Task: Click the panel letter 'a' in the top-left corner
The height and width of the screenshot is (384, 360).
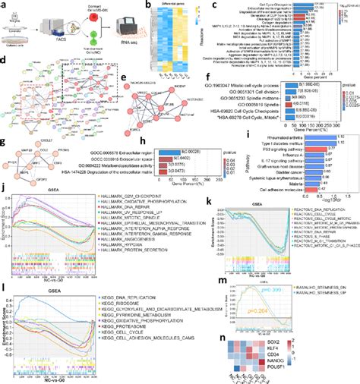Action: pyautogui.click(x=4, y=5)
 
